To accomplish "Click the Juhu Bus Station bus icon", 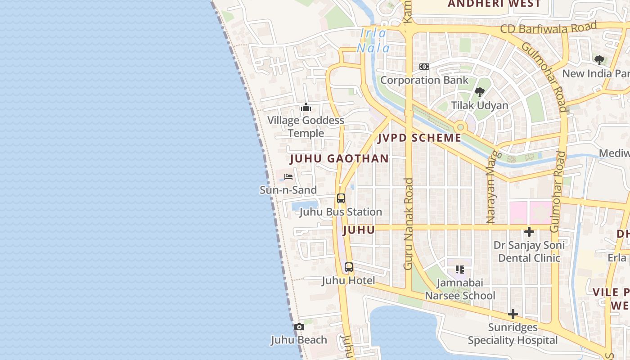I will (341, 198).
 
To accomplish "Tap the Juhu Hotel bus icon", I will (349, 267).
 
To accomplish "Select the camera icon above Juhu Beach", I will (299, 327).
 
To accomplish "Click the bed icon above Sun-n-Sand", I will (288, 177).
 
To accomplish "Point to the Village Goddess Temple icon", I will (306, 107).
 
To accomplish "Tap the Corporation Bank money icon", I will (424, 67).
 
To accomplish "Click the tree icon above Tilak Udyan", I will (479, 92).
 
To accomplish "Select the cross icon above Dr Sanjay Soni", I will (529, 232).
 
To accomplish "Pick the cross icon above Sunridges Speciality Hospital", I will (513, 314).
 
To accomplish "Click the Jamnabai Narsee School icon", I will (459, 270).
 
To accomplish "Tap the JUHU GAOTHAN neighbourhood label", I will (339, 158).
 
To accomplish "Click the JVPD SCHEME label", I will (419, 138).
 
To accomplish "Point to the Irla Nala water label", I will (373, 40).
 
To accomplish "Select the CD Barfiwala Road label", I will (549, 27).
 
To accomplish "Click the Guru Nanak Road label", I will (408, 224).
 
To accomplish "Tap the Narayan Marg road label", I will (491, 187).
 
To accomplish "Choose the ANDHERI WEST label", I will (494, 4).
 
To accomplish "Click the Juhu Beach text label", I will (299, 340).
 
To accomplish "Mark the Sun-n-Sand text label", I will (288, 190).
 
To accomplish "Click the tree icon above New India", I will (599, 60).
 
